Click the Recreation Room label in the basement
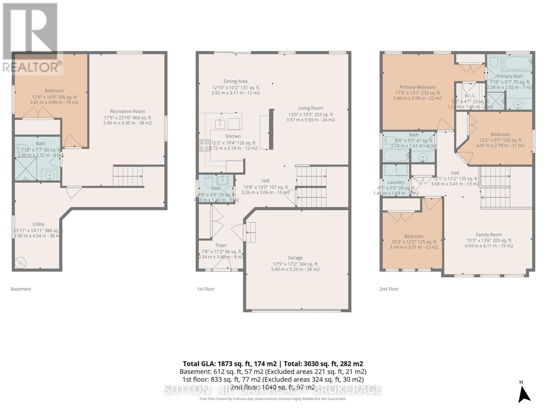pyautogui.click(x=127, y=111)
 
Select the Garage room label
pyautogui.click(x=295, y=258)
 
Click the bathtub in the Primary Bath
pyautogui.click(x=517, y=63)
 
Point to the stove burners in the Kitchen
pyautogui.click(x=204, y=145)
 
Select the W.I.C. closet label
pyautogui.click(x=470, y=96)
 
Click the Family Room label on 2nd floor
pyautogui.click(x=489, y=235)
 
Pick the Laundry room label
pyautogui.click(x=396, y=182)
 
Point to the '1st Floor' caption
pyautogui.click(x=205, y=289)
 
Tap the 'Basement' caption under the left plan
pyautogui.click(x=21, y=289)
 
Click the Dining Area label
pyautogui.click(x=235, y=81)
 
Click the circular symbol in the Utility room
pyautogui.click(x=20, y=262)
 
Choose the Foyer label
pyautogui.click(x=221, y=245)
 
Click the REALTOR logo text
pyautogui.click(x=32, y=67)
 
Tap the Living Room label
pyautogui.click(x=310, y=108)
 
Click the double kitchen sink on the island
pyautogui.click(x=227, y=123)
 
